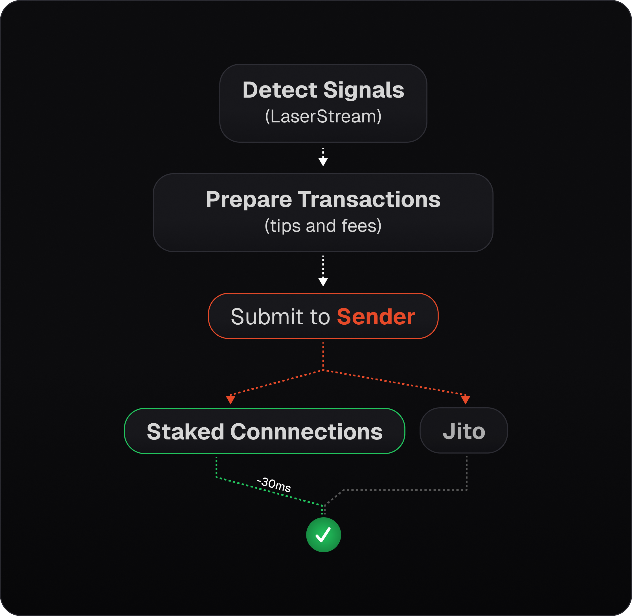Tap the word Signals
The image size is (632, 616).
pyautogui.click(x=364, y=90)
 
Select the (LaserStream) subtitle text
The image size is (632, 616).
pyautogui.click(x=323, y=116)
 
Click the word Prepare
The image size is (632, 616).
pyautogui.click(x=249, y=200)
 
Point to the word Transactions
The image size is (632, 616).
pyautogui.click(x=369, y=199)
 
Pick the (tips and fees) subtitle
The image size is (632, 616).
pyautogui.click(x=323, y=226)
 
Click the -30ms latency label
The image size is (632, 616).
pyautogui.click(x=274, y=484)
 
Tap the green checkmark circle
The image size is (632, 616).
pyautogui.click(x=324, y=534)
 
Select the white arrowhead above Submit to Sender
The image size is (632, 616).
pyautogui.click(x=323, y=282)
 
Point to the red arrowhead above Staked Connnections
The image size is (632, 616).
pyautogui.click(x=231, y=400)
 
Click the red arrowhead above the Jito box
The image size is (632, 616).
pyautogui.click(x=465, y=400)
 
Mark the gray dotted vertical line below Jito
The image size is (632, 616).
pyautogui.click(x=466, y=473)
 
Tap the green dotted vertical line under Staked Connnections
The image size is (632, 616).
pyautogui.click(x=216, y=467)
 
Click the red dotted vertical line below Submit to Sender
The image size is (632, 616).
pyautogui.click(x=323, y=356)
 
